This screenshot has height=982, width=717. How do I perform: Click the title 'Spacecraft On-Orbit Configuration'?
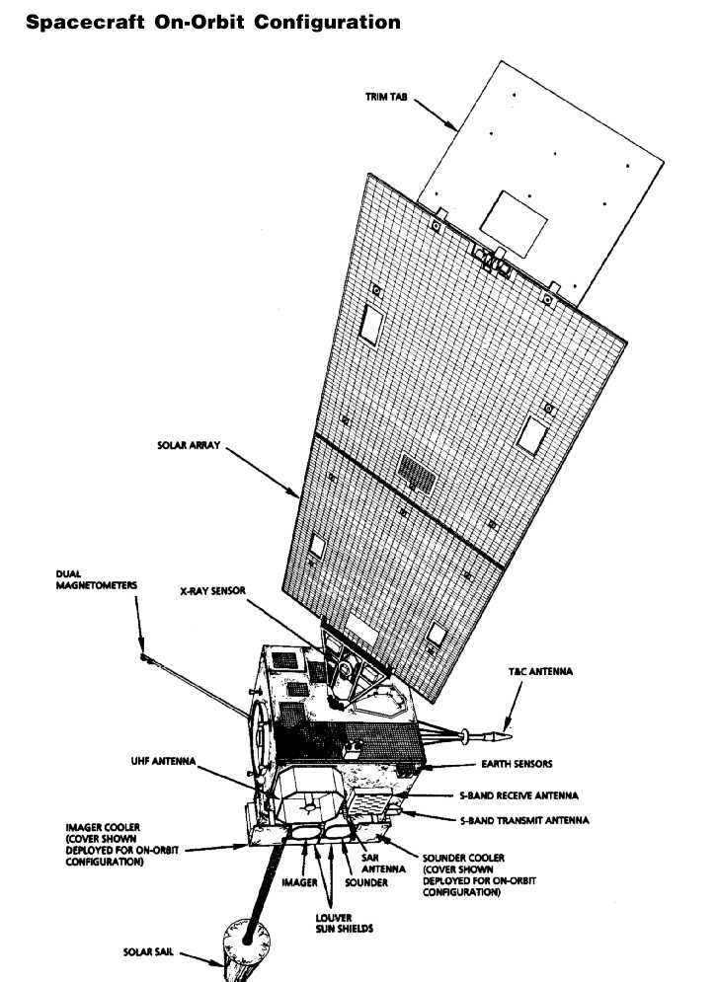213,22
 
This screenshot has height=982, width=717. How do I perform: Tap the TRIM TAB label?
386,97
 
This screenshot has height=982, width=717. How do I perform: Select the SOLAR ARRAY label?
189,445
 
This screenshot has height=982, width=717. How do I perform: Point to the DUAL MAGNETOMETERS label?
97,579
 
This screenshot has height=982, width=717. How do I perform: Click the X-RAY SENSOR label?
213,590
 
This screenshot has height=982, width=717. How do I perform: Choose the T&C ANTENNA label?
540,671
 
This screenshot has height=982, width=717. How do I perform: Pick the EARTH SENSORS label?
518,764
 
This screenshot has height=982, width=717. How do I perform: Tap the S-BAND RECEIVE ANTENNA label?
518,795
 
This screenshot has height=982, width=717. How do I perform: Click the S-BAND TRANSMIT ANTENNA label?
524,820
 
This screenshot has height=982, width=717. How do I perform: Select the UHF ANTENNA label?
164,761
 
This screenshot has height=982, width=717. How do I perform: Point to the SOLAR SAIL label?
148,952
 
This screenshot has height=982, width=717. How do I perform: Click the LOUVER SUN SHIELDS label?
344,923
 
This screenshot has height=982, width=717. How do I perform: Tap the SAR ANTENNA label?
383,864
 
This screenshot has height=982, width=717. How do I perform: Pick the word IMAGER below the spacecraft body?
299,882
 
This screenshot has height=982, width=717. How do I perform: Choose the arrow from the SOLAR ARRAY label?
263,472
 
